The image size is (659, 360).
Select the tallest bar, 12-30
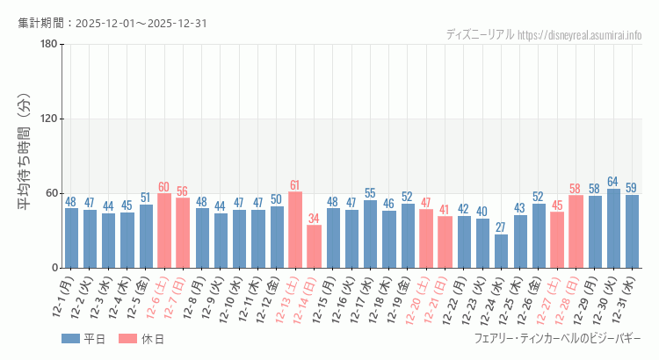pos(613,228)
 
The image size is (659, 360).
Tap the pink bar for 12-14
pos(314,247)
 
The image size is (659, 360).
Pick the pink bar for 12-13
pos(295,230)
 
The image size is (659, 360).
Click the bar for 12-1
pos(71,238)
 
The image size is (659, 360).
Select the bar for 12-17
pos(370,234)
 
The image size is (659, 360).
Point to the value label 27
pos(501,227)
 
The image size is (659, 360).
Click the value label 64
pos(613,182)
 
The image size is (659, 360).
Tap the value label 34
pos(314,219)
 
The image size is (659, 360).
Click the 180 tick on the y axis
pos(48,45)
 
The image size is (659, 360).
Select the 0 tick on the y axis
pos(54,268)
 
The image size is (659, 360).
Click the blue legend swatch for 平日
pos(70,339)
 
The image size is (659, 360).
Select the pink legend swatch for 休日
pos(128,339)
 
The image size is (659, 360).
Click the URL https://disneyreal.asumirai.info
pos(580,35)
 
